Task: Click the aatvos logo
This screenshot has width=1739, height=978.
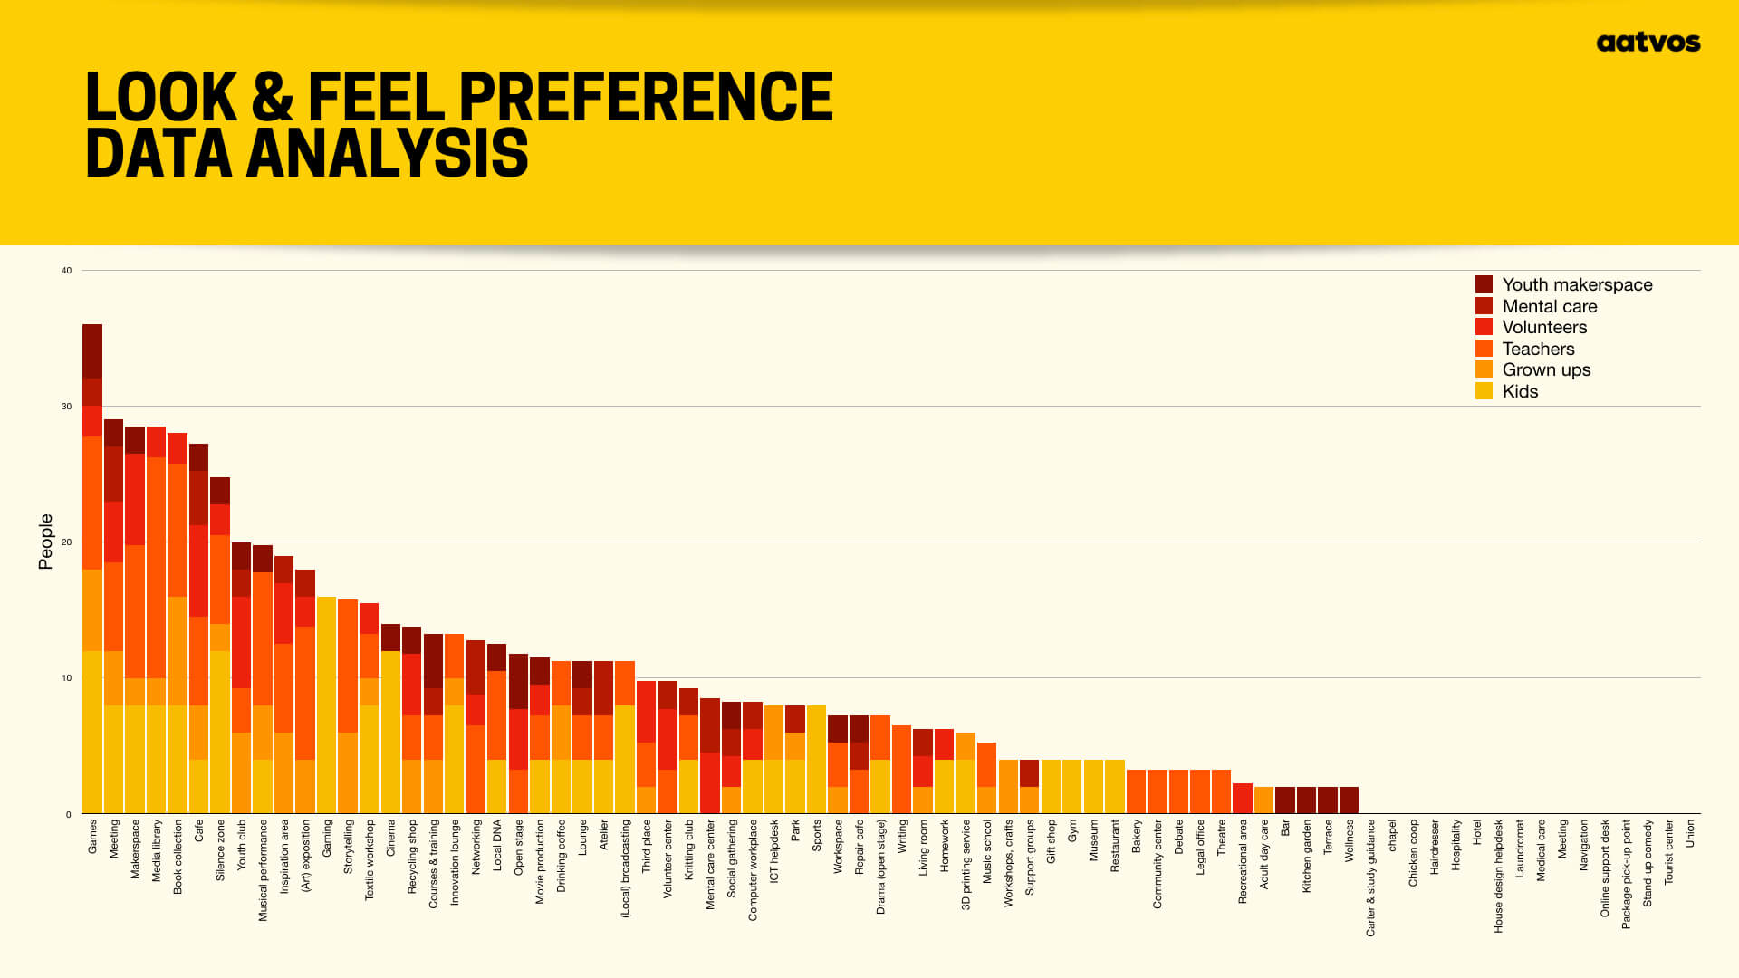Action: (x=1648, y=43)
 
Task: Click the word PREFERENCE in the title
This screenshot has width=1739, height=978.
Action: (x=645, y=97)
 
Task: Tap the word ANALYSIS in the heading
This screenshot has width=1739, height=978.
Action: (x=387, y=153)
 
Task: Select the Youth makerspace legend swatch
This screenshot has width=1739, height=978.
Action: (x=1484, y=284)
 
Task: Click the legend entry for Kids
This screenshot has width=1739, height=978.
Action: (x=1519, y=391)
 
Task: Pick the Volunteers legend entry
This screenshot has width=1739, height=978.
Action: (x=1543, y=327)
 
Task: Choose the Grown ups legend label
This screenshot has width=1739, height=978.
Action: (x=1545, y=369)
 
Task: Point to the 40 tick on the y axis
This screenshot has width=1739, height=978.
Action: (x=66, y=271)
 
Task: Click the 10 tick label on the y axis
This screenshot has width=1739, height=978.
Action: (x=66, y=678)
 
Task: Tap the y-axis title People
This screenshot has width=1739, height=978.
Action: (x=45, y=542)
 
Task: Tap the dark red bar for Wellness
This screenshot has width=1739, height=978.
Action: (x=1349, y=801)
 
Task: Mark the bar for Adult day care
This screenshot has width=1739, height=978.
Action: (x=1263, y=801)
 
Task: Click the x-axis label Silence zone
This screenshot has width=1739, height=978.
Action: (x=220, y=850)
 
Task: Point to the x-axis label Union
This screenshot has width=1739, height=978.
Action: (x=1690, y=834)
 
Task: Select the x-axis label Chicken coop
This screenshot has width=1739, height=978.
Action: (x=1413, y=853)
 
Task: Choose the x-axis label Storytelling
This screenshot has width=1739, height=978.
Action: (x=349, y=848)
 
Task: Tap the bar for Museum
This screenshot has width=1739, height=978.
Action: (x=1093, y=787)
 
